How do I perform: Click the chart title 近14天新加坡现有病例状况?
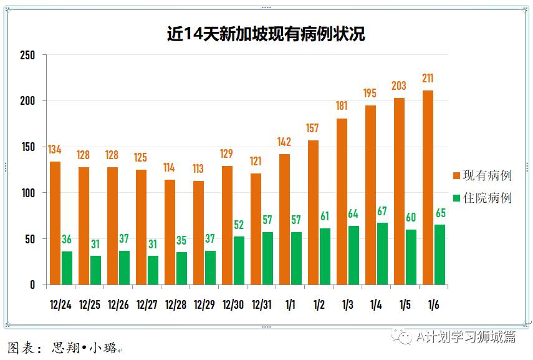[x=266, y=34]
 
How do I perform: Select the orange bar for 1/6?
[x=428, y=187]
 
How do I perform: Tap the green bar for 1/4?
[x=382, y=253]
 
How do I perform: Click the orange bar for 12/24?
[x=55, y=223]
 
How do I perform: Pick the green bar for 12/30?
[x=239, y=260]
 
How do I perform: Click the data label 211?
[x=428, y=79]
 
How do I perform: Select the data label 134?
[x=55, y=149]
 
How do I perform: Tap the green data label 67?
[x=382, y=211]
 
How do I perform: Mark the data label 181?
[x=342, y=105]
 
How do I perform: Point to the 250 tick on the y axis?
[x=28, y=55]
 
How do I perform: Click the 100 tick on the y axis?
[x=28, y=193]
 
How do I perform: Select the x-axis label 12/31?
[x=261, y=304]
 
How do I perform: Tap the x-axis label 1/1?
[x=290, y=304]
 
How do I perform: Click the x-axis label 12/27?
[x=146, y=304]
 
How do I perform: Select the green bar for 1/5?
[x=411, y=256]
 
